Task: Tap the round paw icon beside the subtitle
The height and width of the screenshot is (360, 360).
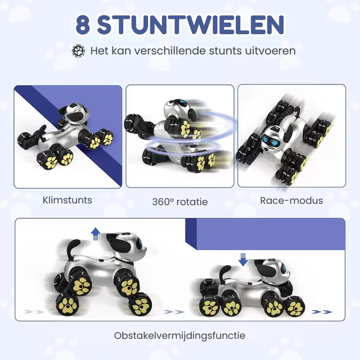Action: (x=79, y=51)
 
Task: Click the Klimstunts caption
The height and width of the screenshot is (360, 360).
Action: (x=67, y=199)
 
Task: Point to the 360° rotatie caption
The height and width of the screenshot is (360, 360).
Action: (x=179, y=201)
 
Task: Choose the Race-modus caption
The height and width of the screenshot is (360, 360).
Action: (x=291, y=199)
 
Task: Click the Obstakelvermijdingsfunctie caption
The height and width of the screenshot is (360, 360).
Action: (x=179, y=335)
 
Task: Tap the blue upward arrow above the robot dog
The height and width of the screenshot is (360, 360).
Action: (x=95, y=233)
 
